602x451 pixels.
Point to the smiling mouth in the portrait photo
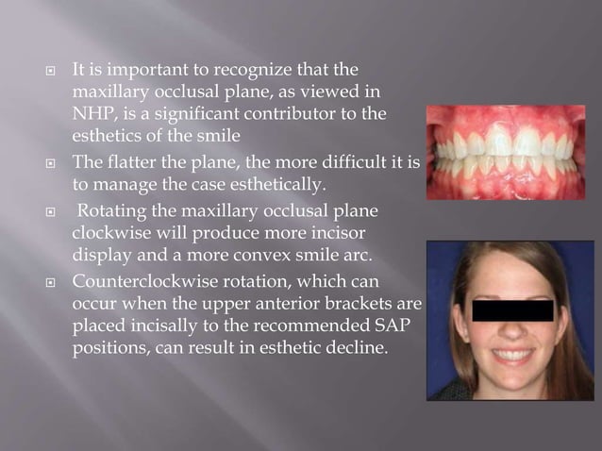[x=515, y=356]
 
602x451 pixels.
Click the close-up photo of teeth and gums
[x=505, y=151]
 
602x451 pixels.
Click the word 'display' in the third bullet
[x=100, y=253]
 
